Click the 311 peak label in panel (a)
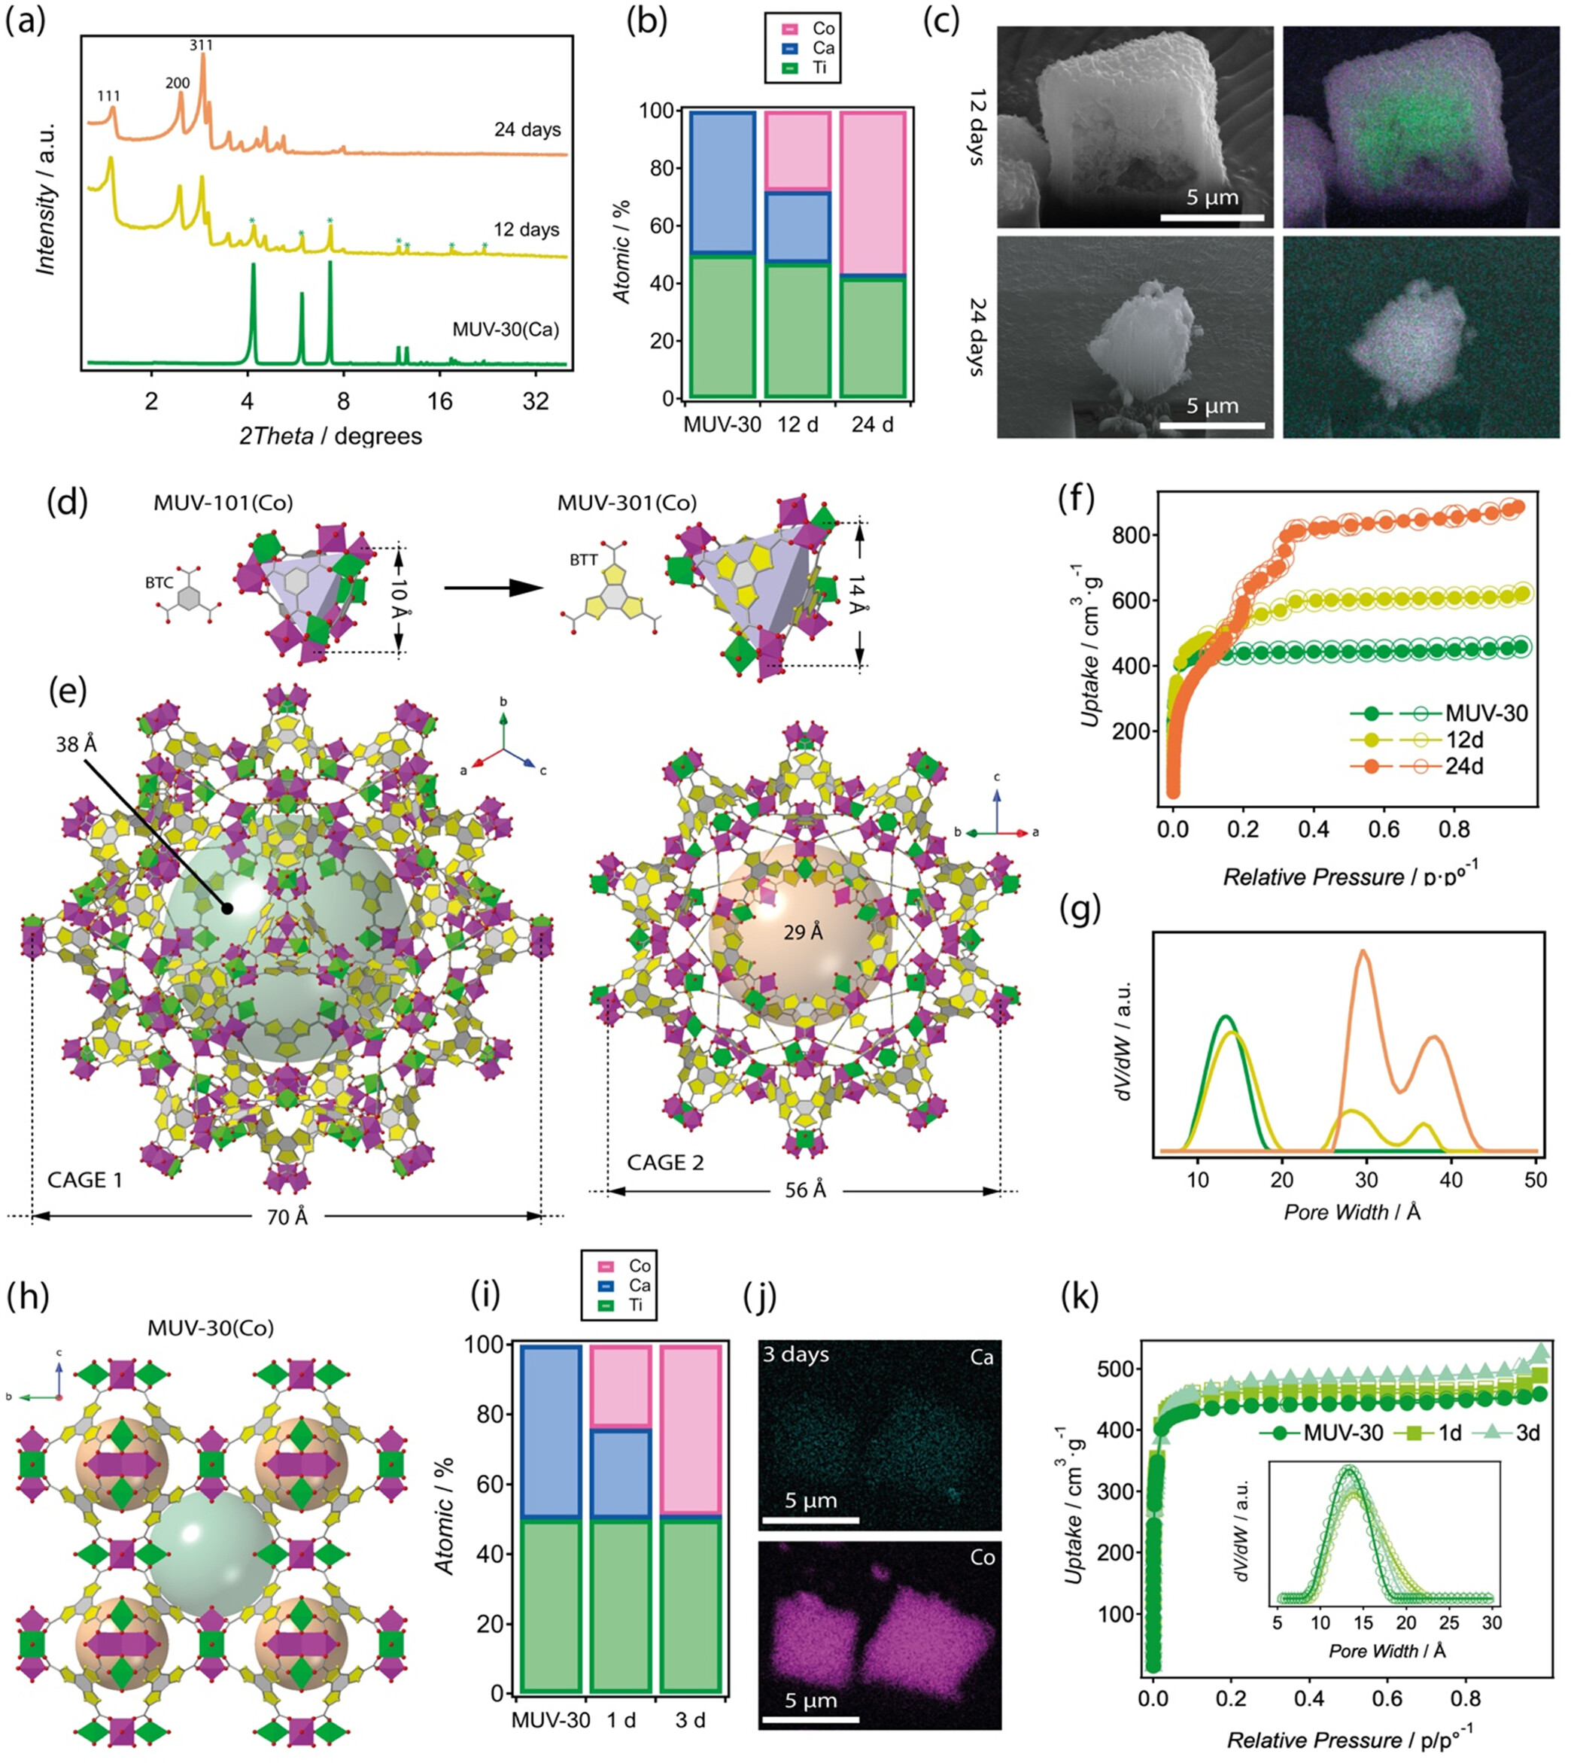coord(201,45)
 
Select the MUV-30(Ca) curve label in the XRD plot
coord(506,329)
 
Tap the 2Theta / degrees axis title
coord(332,436)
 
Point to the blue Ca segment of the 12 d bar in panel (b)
coord(798,227)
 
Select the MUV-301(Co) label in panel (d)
coord(627,503)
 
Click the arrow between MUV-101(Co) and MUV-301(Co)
coord(494,587)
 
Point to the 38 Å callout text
coord(77,743)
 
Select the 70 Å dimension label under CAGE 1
coord(287,1217)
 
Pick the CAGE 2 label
coord(666,1162)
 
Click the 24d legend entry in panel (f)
coord(1464,766)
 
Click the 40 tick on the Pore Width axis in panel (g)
coord(1451,1181)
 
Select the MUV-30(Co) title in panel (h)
coord(211,1327)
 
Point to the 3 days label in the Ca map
coord(795,1354)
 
